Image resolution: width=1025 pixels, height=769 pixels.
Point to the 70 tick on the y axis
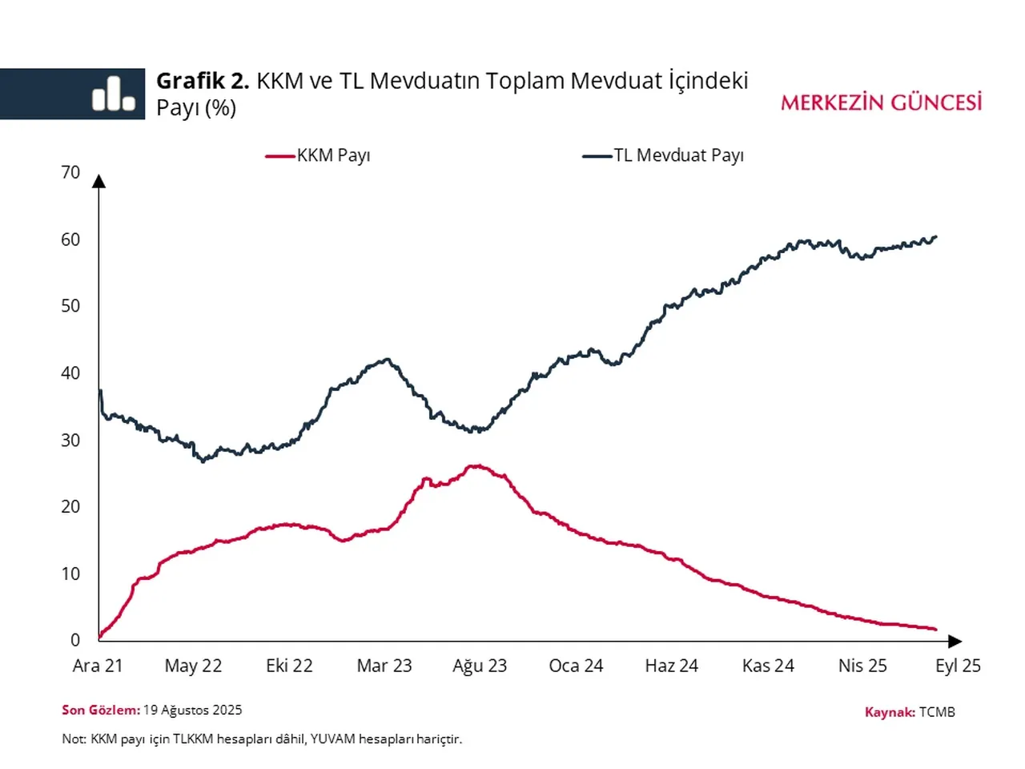(x=70, y=172)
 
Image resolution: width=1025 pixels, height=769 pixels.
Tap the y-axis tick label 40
(x=70, y=373)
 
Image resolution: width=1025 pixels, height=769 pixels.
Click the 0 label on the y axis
(x=75, y=640)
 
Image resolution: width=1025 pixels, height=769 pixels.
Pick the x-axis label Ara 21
(x=98, y=666)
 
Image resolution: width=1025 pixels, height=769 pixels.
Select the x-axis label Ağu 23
(x=480, y=666)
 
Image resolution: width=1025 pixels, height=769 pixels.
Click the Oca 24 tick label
(x=576, y=666)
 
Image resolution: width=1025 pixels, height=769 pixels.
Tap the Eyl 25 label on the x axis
(x=958, y=666)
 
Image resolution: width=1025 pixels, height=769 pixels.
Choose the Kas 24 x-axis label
(x=768, y=666)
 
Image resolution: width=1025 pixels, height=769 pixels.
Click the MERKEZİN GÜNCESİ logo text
(x=881, y=103)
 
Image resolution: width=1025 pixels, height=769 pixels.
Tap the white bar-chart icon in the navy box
(x=113, y=95)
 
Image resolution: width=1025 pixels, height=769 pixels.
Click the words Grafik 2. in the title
(x=203, y=81)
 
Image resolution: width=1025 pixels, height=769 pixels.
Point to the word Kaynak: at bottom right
(x=890, y=712)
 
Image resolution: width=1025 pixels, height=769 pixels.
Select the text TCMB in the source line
(x=937, y=712)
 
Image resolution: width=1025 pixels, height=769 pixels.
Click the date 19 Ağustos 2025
(x=192, y=710)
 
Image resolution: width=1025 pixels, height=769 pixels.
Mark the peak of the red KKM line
(x=476, y=465)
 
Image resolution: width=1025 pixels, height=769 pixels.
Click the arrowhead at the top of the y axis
(x=98, y=181)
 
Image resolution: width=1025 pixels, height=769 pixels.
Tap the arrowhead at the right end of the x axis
(x=955, y=641)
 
